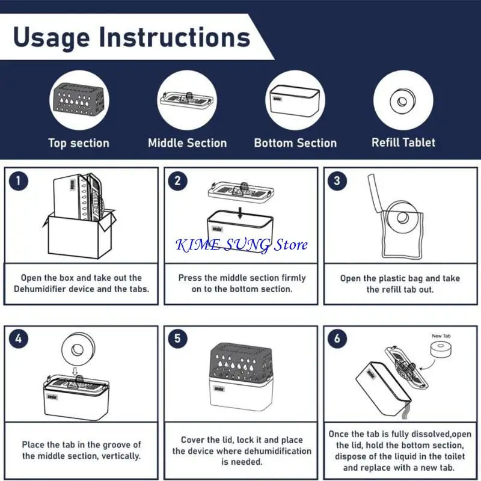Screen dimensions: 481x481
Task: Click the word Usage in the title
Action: click(x=52, y=38)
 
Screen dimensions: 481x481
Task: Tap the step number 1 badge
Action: click(x=19, y=181)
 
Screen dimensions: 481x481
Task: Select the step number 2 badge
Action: click(x=177, y=181)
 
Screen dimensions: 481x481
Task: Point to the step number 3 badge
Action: click(x=337, y=181)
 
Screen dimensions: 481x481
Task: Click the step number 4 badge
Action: click(x=19, y=339)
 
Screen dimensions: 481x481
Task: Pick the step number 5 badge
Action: click(x=177, y=339)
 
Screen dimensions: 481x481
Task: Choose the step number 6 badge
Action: click(x=337, y=339)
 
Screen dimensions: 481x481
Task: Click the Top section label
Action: click(x=79, y=143)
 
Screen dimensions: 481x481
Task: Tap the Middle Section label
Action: click(x=188, y=143)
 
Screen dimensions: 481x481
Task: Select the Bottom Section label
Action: click(x=295, y=143)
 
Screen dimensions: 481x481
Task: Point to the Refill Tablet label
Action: click(x=403, y=142)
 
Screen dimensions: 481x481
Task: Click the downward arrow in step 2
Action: click(x=240, y=213)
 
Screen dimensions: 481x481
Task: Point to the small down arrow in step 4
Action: click(x=75, y=372)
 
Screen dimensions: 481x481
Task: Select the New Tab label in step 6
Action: click(x=441, y=336)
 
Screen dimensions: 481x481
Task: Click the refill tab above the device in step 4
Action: click(x=78, y=349)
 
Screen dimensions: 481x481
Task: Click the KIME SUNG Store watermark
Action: click(x=242, y=245)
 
